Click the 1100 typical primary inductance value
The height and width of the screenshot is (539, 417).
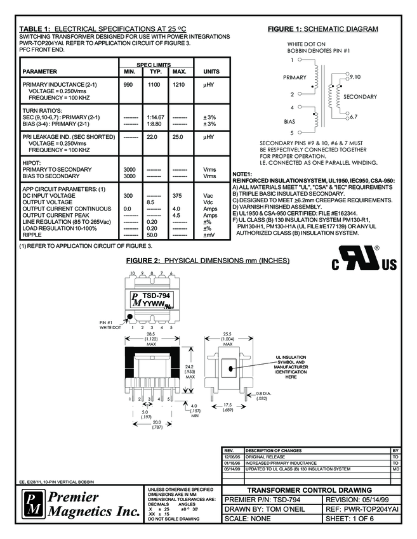pyautogui.click(x=153, y=84)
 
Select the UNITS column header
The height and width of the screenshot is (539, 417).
pyautogui.click(x=211, y=72)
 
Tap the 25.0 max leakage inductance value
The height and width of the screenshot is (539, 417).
pyautogui.click(x=179, y=136)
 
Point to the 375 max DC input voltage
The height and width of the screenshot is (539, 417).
pyautogui.click(x=179, y=195)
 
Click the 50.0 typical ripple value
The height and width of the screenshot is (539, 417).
pyautogui.click(x=153, y=235)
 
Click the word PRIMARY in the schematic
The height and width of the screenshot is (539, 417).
pyautogui.click(x=295, y=77)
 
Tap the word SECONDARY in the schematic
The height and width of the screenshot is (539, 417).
pyautogui.click(x=360, y=96)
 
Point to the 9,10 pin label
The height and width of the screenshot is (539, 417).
pyautogui.click(x=355, y=77)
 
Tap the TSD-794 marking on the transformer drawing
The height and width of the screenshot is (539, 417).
pyautogui.click(x=156, y=295)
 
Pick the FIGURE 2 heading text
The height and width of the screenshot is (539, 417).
pyautogui.click(x=208, y=261)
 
